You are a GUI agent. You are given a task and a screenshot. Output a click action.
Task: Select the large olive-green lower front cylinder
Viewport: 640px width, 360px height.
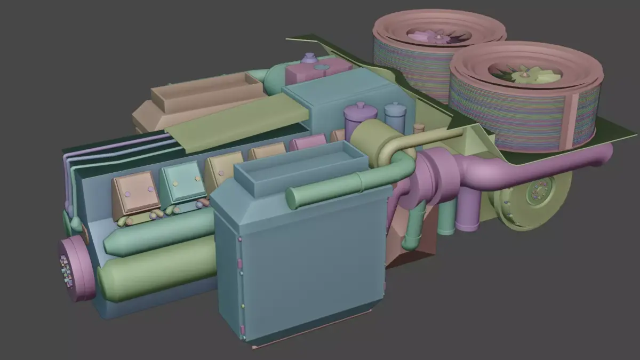[x=155, y=272]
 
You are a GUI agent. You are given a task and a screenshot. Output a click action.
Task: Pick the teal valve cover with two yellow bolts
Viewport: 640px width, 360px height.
[x=182, y=182]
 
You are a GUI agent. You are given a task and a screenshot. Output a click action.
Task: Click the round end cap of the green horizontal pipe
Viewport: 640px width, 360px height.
[x=292, y=198]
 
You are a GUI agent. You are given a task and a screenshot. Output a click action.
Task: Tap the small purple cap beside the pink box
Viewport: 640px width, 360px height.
[x=309, y=58]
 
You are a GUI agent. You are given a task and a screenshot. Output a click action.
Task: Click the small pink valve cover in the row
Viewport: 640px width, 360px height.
[x=308, y=142]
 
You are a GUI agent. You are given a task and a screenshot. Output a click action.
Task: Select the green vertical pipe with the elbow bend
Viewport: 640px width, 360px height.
[x=413, y=224]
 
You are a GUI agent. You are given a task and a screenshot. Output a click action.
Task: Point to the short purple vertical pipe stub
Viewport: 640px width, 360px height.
[x=468, y=211]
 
